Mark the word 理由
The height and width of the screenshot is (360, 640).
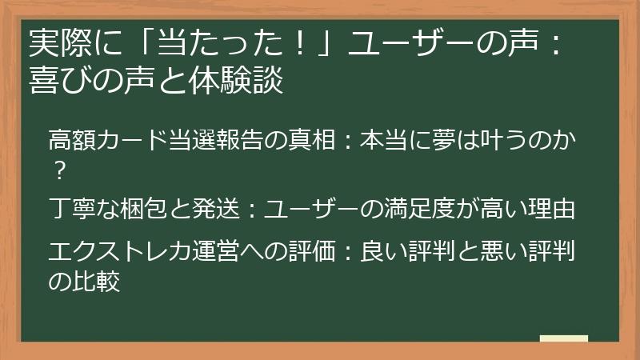[x=553, y=210]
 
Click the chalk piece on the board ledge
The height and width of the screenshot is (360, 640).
[x=563, y=339]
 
